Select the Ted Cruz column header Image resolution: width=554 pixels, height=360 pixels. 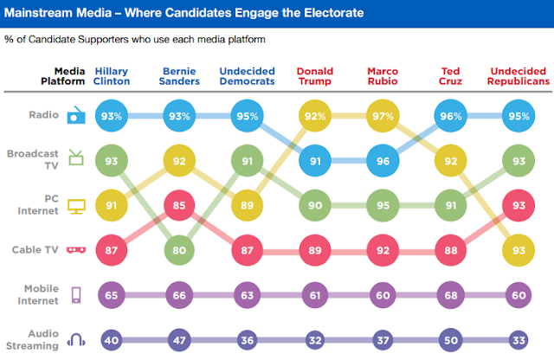(451, 75)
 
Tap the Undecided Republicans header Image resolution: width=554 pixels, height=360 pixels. (519, 75)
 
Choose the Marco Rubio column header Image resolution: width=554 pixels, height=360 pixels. (383, 75)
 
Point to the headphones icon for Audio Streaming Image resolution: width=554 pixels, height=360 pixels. (76, 341)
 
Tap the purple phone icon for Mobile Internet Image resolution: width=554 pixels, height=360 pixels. (76, 295)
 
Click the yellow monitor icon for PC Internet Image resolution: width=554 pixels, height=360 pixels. (76, 206)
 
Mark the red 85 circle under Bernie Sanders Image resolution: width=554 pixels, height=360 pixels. (179, 207)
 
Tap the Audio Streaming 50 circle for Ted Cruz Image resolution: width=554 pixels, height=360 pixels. (451, 340)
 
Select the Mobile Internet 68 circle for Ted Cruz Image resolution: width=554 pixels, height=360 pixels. (451, 295)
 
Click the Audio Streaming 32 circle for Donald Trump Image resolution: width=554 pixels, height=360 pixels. (314, 340)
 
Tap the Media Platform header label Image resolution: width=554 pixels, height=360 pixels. (65, 75)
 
